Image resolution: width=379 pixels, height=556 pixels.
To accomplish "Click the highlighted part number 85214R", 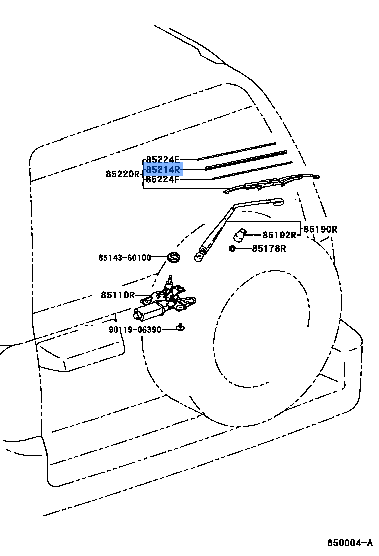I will point(163,170).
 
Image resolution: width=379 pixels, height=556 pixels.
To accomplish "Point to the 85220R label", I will point(123,174).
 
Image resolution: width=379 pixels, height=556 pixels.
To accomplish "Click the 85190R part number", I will point(320,230).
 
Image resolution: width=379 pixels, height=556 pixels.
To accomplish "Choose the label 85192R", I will point(279,235).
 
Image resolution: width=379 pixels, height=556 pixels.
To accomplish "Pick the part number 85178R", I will point(269,248).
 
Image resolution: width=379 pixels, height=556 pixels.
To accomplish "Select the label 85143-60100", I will point(124,258).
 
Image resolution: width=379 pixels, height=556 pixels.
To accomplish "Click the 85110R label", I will point(118,295).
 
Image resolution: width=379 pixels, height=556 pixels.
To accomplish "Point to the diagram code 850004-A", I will point(350,543).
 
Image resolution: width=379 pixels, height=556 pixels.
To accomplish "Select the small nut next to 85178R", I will point(232,248).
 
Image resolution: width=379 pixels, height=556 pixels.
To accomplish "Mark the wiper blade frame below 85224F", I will point(271,183).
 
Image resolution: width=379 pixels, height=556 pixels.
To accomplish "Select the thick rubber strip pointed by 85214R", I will point(246,160).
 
